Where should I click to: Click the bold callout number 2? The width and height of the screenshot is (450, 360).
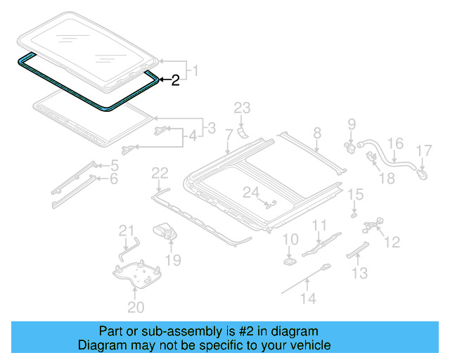(175, 81)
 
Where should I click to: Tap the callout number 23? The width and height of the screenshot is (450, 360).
(242, 108)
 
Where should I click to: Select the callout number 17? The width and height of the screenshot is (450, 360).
(423, 150)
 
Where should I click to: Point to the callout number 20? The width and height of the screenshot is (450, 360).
(136, 307)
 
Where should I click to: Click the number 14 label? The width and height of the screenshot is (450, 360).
(308, 297)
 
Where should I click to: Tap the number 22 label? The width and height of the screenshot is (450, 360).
(160, 172)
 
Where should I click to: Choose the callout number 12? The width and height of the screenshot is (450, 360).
(392, 242)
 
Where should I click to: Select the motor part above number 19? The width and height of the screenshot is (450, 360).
(164, 231)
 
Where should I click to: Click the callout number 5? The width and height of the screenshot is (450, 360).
(114, 166)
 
